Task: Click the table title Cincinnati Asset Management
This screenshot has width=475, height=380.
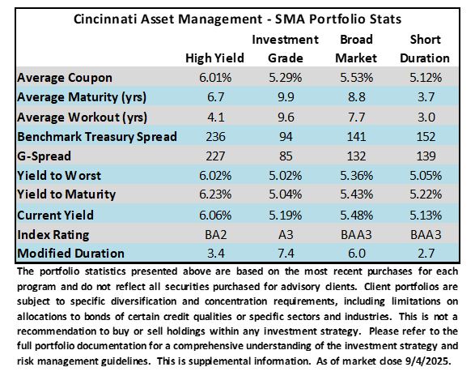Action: (x=168, y=19)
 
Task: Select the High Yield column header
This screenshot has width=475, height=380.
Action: (x=214, y=58)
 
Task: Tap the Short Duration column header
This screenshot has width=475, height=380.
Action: (x=425, y=49)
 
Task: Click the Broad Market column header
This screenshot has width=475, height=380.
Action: (x=356, y=49)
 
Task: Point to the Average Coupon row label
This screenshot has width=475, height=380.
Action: (x=65, y=78)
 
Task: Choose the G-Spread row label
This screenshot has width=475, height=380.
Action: (x=44, y=156)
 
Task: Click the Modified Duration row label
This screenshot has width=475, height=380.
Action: (x=70, y=254)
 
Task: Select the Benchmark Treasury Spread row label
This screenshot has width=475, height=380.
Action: (x=97, y=136)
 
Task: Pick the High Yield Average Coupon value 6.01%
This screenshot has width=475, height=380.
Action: (x=215, y=78)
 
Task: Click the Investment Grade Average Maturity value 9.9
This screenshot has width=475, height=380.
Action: (x=286, y=97)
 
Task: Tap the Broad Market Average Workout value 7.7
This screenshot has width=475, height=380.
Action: (x=356, y=117)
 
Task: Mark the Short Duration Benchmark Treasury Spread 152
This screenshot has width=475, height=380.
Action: (x=426, y=136)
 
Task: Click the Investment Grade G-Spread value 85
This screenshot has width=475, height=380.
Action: (x=286, y=156)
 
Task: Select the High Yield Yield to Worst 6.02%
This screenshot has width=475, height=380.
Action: (x=215, y=176)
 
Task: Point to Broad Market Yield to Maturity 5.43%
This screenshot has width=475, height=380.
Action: (x=356, y=194)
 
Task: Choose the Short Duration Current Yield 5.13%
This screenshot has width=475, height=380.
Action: (x=426, y=215)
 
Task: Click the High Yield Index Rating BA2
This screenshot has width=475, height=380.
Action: (x=215, y=234)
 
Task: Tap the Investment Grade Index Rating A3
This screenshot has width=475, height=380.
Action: (x=286, y=234)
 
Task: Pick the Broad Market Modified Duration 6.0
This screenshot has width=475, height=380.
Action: (x=357, y=254)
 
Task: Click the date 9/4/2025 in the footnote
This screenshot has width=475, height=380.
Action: (x=428, y=361)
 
